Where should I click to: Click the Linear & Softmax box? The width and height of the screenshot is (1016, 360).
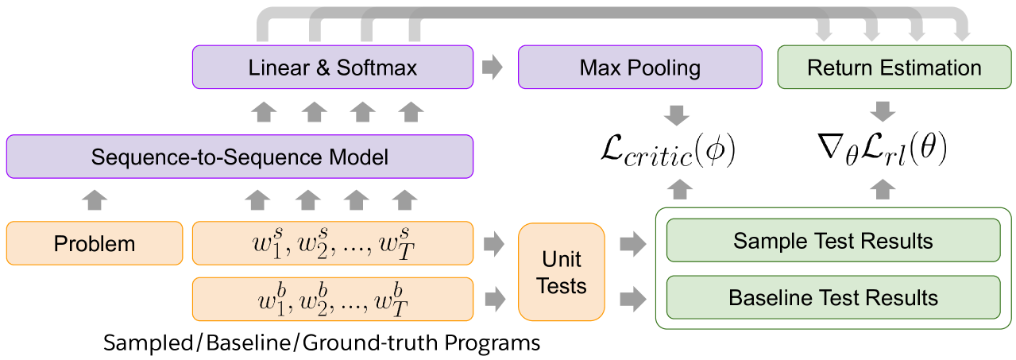click(x=333, y=68)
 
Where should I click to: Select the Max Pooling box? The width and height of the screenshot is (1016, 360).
click(x=639, y=68)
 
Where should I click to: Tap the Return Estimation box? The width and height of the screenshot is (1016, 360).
click(x=894, y=68)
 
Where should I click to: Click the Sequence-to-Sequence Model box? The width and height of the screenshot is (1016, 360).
click(x=239, y=157)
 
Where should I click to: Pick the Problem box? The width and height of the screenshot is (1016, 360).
click(x=95, y=243)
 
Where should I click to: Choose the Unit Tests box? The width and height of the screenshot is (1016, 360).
click(x=561, y=272)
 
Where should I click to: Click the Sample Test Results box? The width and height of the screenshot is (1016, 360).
click(x=833, y=241)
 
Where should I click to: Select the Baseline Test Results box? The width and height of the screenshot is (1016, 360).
click(x=833, y=298)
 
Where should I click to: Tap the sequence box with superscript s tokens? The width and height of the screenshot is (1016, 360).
click(x=333, y=243)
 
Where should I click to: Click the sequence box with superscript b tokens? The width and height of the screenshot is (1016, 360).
click(x=333, y=299)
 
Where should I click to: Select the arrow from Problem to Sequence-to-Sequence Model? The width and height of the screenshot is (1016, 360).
click(x=95, y=200)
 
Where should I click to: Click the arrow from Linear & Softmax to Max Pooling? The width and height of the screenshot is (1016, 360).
click(x=494, y=68)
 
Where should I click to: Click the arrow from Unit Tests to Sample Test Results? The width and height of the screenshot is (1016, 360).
click(x=632, y=243)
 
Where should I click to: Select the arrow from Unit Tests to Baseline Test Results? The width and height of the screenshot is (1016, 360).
click(x=632, y=299)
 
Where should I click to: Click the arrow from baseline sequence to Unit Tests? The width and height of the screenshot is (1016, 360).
click(x=494, y=299)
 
